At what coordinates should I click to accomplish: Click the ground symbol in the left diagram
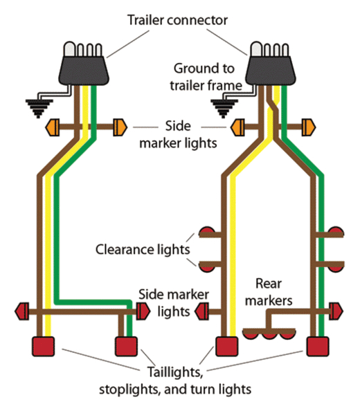tap(38, 106)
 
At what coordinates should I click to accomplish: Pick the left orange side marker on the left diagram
tap(53, 127)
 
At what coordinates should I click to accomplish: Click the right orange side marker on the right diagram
tap(309, 127)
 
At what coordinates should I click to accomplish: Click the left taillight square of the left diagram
tap(44, 345)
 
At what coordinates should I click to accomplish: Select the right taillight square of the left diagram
tap(125, 345)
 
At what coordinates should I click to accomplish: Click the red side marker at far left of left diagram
tap(21, 311)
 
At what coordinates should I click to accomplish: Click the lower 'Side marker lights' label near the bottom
tap(165, 302)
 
